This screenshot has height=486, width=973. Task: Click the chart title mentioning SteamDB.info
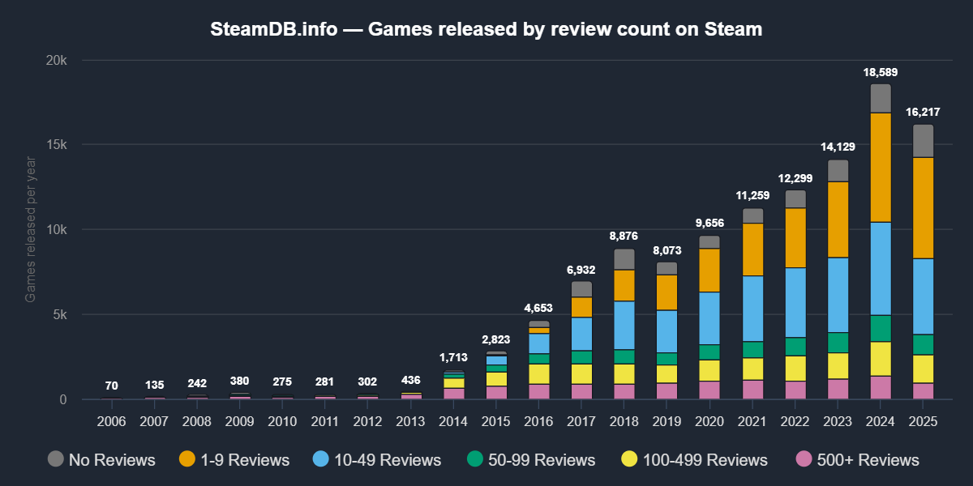pos(486,30)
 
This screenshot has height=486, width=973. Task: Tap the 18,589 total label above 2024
pos(881,72)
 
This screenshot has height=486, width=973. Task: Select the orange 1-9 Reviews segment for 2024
pos(881,167)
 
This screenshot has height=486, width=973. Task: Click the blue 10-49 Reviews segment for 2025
pos(923,296)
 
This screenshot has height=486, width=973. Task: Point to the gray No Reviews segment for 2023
pos(838,170)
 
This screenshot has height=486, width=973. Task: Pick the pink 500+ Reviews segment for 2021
pos(753,390)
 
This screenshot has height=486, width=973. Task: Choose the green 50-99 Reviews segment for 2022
pos(795,347)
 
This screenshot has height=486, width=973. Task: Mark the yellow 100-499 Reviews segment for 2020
pos(709,370)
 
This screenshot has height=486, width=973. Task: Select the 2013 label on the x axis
pos(412,422)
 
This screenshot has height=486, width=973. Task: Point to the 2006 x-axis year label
pos(111,422)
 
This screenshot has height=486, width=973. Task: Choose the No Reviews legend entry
pos(101,460)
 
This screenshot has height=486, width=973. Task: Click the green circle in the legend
pos(474,459)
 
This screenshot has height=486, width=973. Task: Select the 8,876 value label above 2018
pos(624,237)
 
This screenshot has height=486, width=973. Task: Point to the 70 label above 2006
pos(111,386)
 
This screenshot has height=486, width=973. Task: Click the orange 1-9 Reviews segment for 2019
pos(667,292)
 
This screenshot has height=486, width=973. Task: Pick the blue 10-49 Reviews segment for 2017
pos(582,334)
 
